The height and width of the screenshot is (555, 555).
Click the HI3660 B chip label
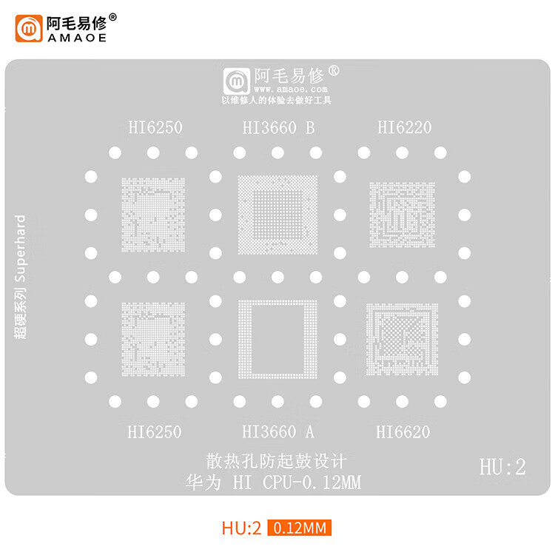[x=278, y=127]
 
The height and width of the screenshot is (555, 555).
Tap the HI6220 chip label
[x=404, y=127]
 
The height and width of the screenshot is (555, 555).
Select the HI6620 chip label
[x=403, y=431]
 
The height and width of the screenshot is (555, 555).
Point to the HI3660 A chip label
[x=278, y=431]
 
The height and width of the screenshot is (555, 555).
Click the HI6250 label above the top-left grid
[x=154, y=127]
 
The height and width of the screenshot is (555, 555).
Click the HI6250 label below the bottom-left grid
[x=154, y=431]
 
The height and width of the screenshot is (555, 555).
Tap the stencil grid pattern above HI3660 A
[x=278, y=337]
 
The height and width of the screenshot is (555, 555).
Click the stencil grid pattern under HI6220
[x=403, y=215]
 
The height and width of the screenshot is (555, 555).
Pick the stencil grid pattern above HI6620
[x=403, y=337]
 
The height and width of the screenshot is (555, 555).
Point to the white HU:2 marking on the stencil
[x=502, y=468]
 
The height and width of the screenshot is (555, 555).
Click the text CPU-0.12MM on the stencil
[x=312, y=483]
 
